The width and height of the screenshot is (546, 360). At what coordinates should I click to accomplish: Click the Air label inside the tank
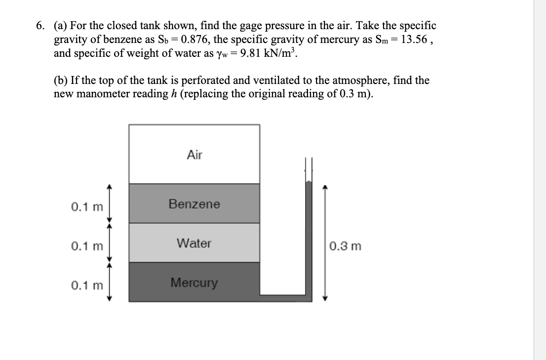195,155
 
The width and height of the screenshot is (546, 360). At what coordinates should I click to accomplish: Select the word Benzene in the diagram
195,204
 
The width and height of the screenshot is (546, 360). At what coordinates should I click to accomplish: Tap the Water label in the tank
194,243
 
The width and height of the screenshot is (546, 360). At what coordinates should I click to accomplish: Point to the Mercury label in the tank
194,283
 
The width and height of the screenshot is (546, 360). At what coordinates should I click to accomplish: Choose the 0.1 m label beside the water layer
87,245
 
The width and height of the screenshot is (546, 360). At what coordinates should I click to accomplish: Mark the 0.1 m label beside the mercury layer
87,285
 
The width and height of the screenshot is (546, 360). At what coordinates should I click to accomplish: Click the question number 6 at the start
40,26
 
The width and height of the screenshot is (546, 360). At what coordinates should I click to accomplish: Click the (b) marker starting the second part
61,80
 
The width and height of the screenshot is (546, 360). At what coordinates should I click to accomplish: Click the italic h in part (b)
171,93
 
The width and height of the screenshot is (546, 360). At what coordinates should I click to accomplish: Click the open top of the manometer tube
309,161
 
